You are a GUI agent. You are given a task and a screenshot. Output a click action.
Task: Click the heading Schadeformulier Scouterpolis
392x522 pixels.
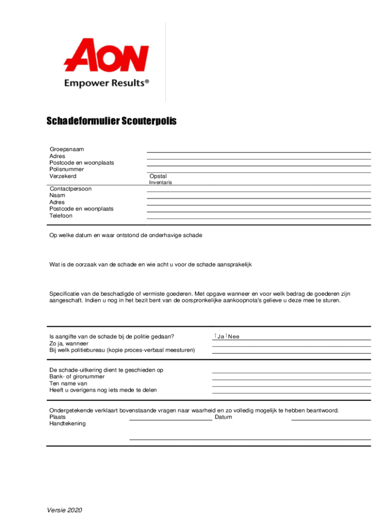[x=111, y=121]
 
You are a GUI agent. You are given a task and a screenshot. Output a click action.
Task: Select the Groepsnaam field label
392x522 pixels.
[x=67, y=149]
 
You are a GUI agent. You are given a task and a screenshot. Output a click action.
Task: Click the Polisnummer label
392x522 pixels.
[x=67, y=169]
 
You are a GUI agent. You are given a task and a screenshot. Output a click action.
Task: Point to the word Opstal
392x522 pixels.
[x=158, y=176]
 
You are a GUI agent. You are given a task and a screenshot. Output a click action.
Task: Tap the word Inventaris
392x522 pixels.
[x=160, y=182]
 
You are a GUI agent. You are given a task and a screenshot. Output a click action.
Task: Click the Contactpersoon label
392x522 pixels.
[x=70, y=189]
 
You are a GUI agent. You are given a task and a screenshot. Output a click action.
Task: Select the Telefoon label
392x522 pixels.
[x=61, y=216]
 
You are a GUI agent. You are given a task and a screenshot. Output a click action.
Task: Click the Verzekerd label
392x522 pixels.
[x=63, y=176]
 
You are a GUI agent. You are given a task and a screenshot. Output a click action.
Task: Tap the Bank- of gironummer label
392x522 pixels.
[x=77, y=377]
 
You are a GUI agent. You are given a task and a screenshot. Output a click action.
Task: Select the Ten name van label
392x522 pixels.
[x=68, y=383]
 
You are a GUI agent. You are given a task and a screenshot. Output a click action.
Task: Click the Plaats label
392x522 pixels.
[x=58, y=417]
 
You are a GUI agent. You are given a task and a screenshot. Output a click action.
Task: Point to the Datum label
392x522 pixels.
[x=223, y=417]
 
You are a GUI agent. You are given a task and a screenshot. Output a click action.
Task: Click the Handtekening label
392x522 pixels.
[x=68, y=424]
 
